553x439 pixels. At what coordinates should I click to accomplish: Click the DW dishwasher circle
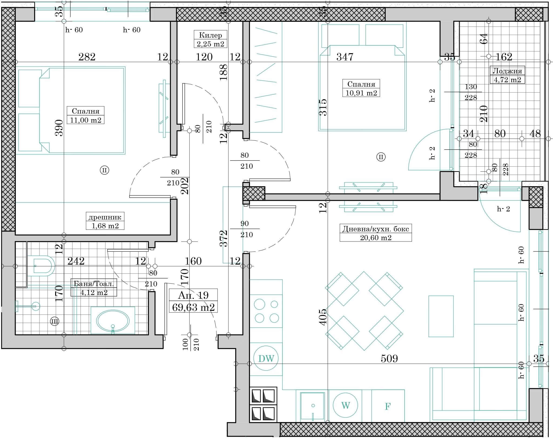tap(266, 359)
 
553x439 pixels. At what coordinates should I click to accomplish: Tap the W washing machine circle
tap(345, 406)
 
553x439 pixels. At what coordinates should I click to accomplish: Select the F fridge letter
tap(388, 406)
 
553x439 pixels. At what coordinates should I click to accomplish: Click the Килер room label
tap(210, 35)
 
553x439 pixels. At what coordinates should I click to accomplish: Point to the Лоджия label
tap(507, 71)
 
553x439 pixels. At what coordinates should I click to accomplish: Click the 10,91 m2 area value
tap(361, 93)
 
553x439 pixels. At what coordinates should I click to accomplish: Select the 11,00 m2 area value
tap(86, 120)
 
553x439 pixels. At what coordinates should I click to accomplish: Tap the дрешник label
tap(105, 217)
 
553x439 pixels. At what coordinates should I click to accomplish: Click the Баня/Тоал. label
tap(94, 283)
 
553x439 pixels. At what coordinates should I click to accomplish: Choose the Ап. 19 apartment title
tap(193, 295)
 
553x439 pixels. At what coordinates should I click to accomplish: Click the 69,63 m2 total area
tap(193, 307)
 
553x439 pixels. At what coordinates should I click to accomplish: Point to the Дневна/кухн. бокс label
tap(375, 229)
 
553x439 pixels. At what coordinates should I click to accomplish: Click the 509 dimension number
tap(389, 359)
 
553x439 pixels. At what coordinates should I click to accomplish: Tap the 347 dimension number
tap(345, 57)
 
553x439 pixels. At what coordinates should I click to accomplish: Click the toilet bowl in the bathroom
tap(41, 265)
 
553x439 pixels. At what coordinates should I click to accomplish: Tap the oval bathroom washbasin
tap(113, 321)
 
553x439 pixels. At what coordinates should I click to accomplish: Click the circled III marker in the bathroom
tap(55, 321)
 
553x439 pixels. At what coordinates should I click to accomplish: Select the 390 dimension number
tap(59, 128)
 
